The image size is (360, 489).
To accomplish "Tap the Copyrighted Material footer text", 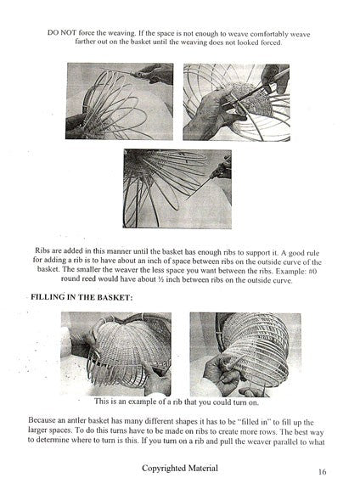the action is (x=179, y=468).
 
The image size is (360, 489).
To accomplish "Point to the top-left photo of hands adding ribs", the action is (x=119, y=101).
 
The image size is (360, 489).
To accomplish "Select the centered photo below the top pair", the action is (x=177, y=188).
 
